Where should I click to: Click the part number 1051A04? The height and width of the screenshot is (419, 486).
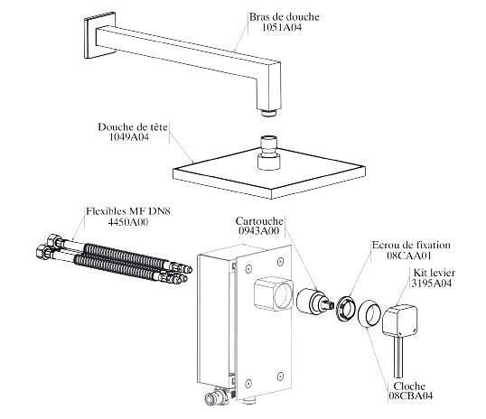(x=282, y=27)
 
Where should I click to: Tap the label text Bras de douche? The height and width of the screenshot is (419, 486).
(x=285, y=17)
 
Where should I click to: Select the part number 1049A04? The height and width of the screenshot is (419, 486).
(x=129, y=136)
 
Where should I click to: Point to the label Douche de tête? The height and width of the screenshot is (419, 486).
(x=133, y=127)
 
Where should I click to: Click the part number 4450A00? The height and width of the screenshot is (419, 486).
(x=127, y=222)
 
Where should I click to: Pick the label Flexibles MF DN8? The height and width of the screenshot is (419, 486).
(x=128, y=211)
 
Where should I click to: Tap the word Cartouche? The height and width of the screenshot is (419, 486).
(x=259, y=221)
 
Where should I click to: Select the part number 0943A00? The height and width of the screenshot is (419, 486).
(x=258, y=230)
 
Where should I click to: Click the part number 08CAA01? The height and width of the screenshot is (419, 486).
(x=409, y=256)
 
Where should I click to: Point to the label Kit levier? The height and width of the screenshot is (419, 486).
(x=435, y=273)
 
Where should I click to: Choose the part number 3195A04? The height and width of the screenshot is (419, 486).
(x=432, y=283)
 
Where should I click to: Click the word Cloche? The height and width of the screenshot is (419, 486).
(x=409, y=386)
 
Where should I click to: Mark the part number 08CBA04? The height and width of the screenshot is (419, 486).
(x=411, y=396)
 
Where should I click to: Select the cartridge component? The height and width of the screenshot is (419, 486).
(x=313, y=302)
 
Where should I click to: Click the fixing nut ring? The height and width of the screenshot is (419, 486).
(x=346, y=309)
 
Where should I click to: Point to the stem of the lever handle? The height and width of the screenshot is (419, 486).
(x=398, y=357)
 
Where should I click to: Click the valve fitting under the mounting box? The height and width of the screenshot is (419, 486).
(x=218, y=396)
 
